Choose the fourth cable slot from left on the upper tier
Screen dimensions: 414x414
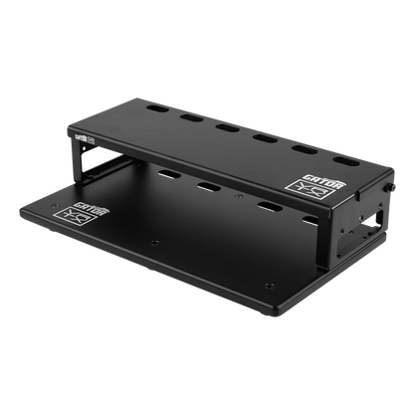pyautogui.click(x=264, y=138)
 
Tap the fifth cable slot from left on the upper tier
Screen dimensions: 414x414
pyautogui.click(x=303, y=148)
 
